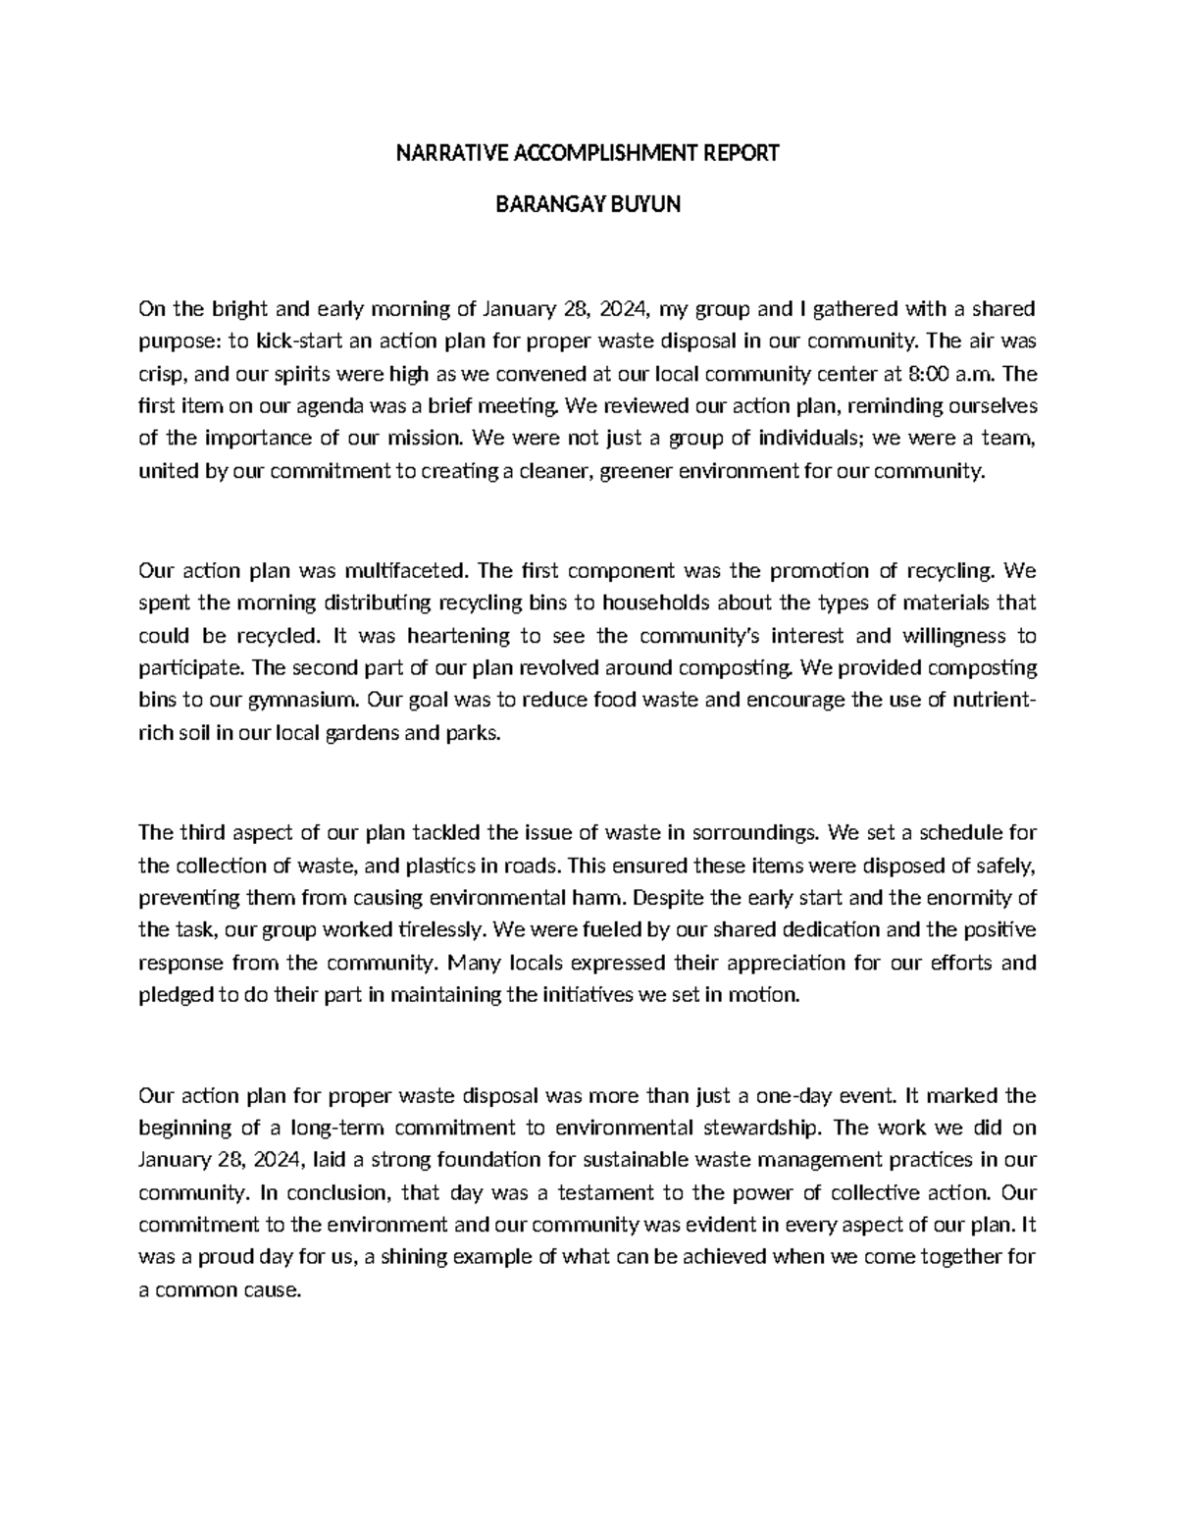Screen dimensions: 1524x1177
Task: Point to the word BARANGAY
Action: coord(551,205)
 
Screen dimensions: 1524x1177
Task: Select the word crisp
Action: coord(161,374)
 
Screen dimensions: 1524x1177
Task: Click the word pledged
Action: coord(175,994)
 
